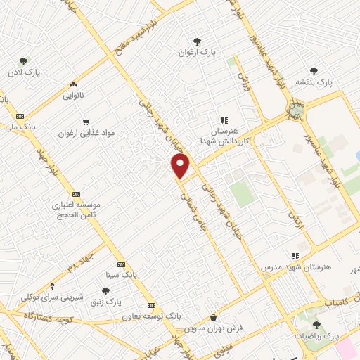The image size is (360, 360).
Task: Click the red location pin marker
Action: (181, 166)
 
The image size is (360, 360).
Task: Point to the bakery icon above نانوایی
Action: (74, 84)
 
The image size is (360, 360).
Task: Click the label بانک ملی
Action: (20, 127)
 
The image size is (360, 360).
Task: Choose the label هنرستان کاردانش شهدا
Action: (224, 136)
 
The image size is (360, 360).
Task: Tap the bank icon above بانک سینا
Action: (121, 264)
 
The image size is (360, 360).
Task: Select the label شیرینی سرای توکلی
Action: (51, 297)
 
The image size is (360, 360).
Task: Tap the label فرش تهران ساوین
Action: (213, 328)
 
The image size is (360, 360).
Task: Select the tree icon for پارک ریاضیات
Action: (316, 324)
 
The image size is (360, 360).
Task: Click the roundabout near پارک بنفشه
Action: (297, 109)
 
